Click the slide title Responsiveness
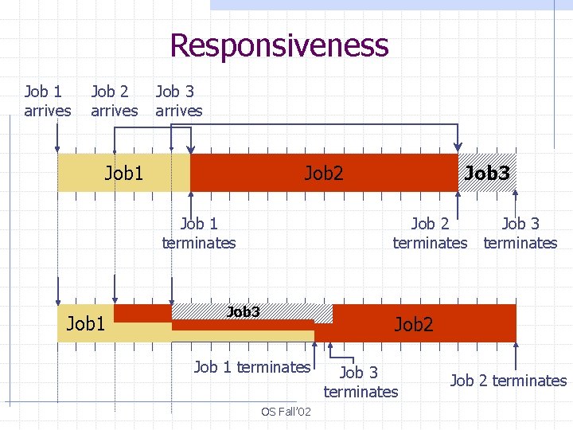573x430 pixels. point(279,45)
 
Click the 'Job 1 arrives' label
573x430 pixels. point(48,101)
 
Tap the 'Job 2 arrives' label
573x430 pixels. point(114,101)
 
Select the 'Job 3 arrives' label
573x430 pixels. point(179,101)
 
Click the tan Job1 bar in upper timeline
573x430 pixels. point(124,172)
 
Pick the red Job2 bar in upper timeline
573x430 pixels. point(324,172)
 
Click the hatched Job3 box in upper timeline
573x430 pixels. point(487,172)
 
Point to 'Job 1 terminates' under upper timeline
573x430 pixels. point(199,233)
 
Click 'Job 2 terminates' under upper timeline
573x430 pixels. point(430,233)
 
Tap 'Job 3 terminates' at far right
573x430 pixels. point(520,233)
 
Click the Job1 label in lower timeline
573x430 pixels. point(86,323)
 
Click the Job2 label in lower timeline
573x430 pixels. point(414,323)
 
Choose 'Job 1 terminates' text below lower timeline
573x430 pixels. point(252,367)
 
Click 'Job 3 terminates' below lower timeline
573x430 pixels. point(361,381)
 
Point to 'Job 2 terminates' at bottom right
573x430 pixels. point(509,381)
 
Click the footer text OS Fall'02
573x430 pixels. point(286,412)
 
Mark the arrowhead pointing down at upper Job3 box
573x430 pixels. point(458,146)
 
